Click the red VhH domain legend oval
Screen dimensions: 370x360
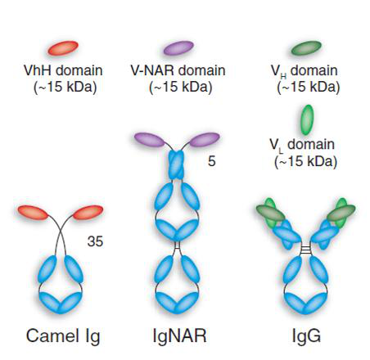[63, 48]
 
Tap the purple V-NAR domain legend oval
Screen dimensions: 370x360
[178, 48]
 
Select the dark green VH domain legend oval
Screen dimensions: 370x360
[306, 48]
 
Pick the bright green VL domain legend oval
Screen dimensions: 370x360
[308, 120]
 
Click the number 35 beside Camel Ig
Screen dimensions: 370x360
[95, 241]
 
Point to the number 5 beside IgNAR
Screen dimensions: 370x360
[212, 161]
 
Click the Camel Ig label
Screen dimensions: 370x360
[63, 336]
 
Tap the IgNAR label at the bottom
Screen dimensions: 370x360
[179, 335]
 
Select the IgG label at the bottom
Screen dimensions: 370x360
[306, 336]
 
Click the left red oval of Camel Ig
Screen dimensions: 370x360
[33, 213]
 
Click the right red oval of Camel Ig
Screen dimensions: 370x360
[88, 213]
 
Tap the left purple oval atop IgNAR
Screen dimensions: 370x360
[150, 140]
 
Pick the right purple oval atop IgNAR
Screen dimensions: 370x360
[205, 140]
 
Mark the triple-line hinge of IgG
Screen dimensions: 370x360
[305, 249]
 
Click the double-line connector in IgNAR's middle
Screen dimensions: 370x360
[177, 245]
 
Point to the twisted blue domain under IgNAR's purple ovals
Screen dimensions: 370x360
[177, 165]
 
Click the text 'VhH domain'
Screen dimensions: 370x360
[63, 70]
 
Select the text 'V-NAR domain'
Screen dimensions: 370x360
[178, 70]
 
